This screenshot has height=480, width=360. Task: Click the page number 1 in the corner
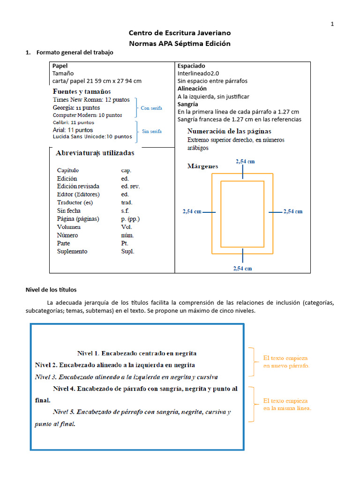click(x=332, y=24)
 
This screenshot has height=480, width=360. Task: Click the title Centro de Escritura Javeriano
click(x=180, y=33)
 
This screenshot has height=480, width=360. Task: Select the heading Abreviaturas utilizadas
click(x=95, y=153)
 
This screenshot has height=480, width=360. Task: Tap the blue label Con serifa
click(x=151, y=108)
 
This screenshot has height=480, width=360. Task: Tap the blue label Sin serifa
click(x=152, y=132)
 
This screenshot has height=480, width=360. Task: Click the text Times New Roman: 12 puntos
click(x=91, y=100)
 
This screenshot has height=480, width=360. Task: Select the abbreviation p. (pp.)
click(x=130, y=219)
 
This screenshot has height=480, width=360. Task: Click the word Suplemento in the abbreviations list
click(x=72, y=251)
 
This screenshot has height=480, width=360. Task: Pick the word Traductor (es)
click(x=75, y=202)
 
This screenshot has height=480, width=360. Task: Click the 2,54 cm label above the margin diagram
click(x=245, y=161)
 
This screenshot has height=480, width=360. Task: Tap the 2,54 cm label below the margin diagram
click(x=243, y=269)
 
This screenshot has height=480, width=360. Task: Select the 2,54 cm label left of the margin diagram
click(x=192, y=211)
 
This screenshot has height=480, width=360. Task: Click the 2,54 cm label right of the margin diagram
click(x=293, y=211)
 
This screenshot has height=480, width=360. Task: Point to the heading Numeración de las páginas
click(x=229, y=131)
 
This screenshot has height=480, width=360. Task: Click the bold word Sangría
click(x=187, y=104)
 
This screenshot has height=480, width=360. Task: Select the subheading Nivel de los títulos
click(x=51, y=290)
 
